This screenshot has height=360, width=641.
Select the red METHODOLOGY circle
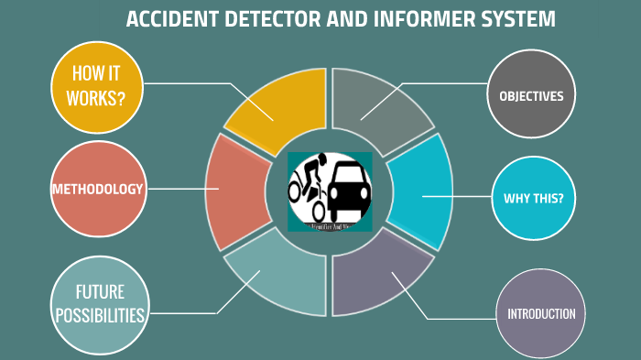[97, 190]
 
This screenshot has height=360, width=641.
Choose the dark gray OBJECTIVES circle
[531, 95]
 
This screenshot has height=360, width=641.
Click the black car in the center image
[348, 188]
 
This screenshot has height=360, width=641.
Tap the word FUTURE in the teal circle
[100, 293]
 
